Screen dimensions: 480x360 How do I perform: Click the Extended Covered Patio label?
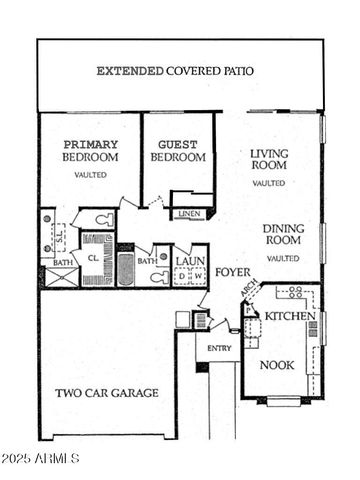tap(175, 71)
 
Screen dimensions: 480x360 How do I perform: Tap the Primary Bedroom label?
tap(90, 151)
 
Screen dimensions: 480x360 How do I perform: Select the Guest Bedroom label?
tap(178, 151)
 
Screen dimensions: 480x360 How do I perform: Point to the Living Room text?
tap(269, 161)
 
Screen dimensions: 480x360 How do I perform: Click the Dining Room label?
tap(283, 235)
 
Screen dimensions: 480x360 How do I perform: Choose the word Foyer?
tap(232, 272)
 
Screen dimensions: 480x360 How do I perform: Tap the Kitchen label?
tap(290, 316)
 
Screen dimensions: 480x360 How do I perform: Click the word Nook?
tap(277, 365)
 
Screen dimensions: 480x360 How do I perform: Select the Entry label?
tap(219, 348)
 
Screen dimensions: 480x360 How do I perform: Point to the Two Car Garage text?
tap(106, 393)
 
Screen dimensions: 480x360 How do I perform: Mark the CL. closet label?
tap(93, 257)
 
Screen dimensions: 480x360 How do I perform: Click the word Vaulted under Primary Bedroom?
tap(90, 175)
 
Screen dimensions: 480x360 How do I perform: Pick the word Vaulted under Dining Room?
tap(283, 259)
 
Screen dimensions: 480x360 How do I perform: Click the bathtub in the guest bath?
tap(125, 270)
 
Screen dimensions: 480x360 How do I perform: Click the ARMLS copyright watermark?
tap(39, 459)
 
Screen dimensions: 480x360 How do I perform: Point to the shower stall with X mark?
tap(57, 276)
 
